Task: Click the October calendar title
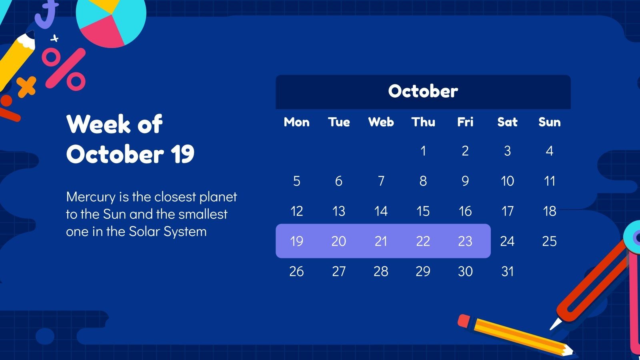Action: (423, 91)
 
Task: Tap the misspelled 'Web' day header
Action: (381, 122)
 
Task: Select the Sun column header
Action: (549, 122)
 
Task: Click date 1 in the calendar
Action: (423, 151)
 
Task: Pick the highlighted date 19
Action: (296, 241)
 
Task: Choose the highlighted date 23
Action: (465, 241)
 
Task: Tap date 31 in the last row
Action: (507, 272)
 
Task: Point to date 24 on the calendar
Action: (507, 241)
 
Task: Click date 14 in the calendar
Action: (381, 211)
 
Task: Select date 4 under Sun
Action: (549, 151)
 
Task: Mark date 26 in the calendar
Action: (296, 272)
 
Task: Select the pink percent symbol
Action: (64, 69)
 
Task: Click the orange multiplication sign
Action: (26, 86)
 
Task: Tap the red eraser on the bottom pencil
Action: (464, 320)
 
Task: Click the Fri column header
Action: (465, 122)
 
